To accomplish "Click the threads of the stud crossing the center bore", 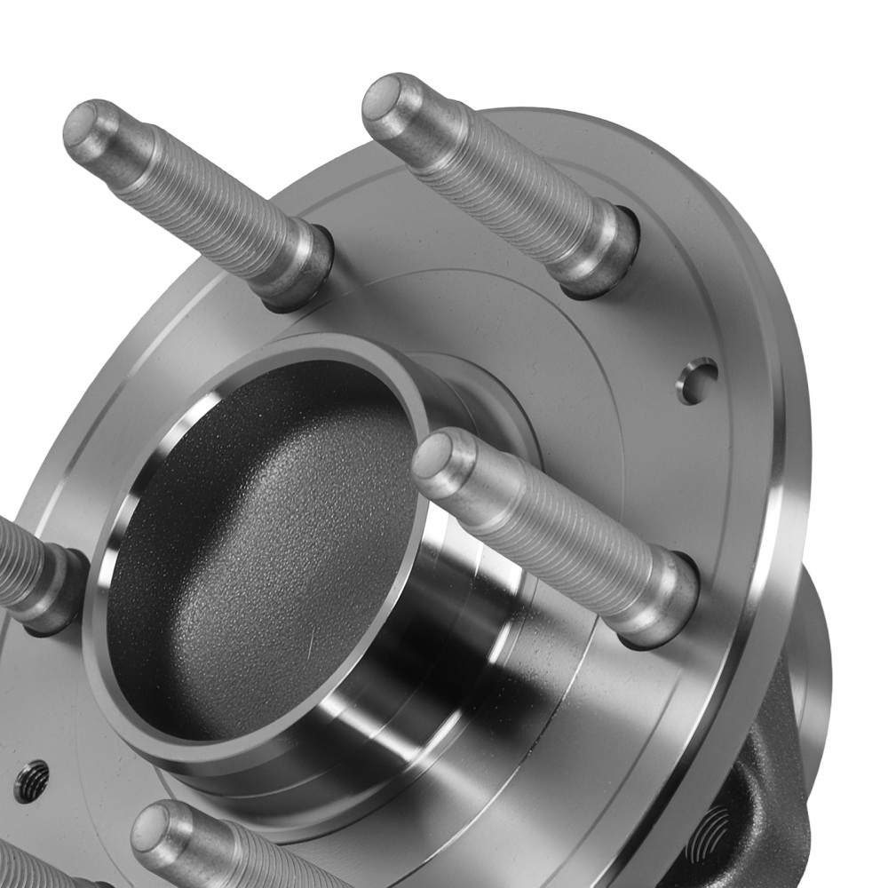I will [x=551, y=533].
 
